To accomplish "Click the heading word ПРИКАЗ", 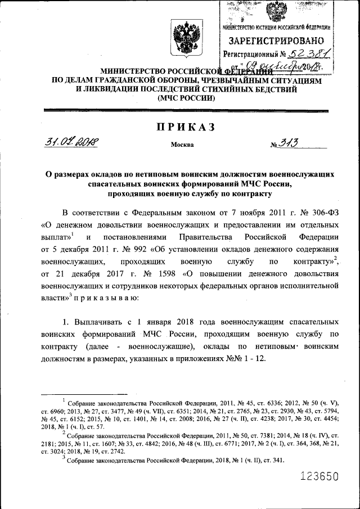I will coord(186,127).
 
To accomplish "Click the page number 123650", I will coord(319,477).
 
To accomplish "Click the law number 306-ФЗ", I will coord(317,213).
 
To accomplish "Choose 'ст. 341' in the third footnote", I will coord(273,460).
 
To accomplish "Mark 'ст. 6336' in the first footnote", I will coord(263,402).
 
